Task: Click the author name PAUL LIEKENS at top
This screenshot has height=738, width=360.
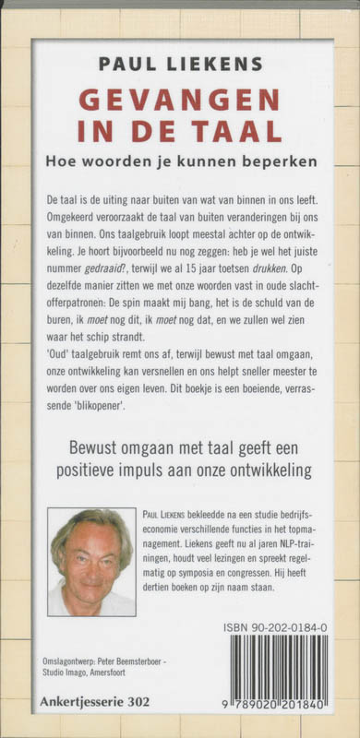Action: click(181, 65)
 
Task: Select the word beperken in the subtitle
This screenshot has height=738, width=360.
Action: click(282, 161)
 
